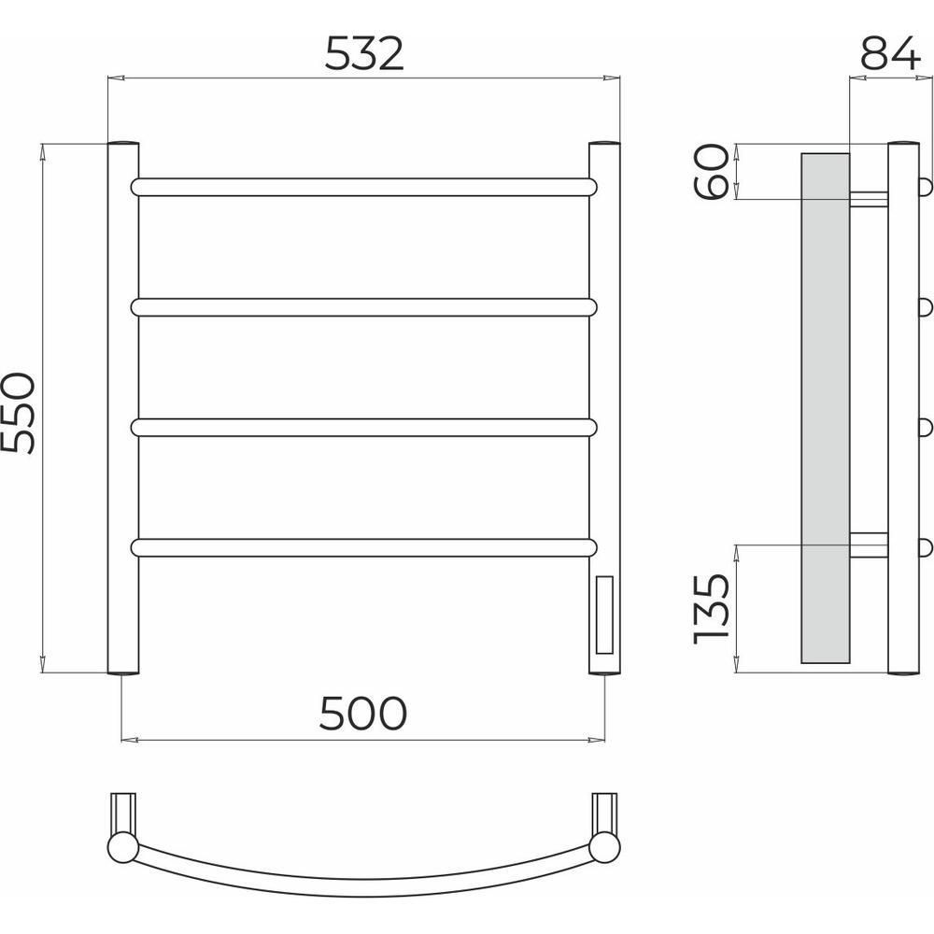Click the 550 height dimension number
tap(18, 414)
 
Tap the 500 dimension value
tap(362, 713)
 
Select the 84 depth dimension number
tap(890, 52)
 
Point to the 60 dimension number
tap(711, 172)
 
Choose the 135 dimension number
tap(711, 609)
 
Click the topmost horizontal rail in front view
tap(364, 187)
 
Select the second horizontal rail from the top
tap(364, 307)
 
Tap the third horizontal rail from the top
tap(364, 428)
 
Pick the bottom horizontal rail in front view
tap(364, 548)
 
